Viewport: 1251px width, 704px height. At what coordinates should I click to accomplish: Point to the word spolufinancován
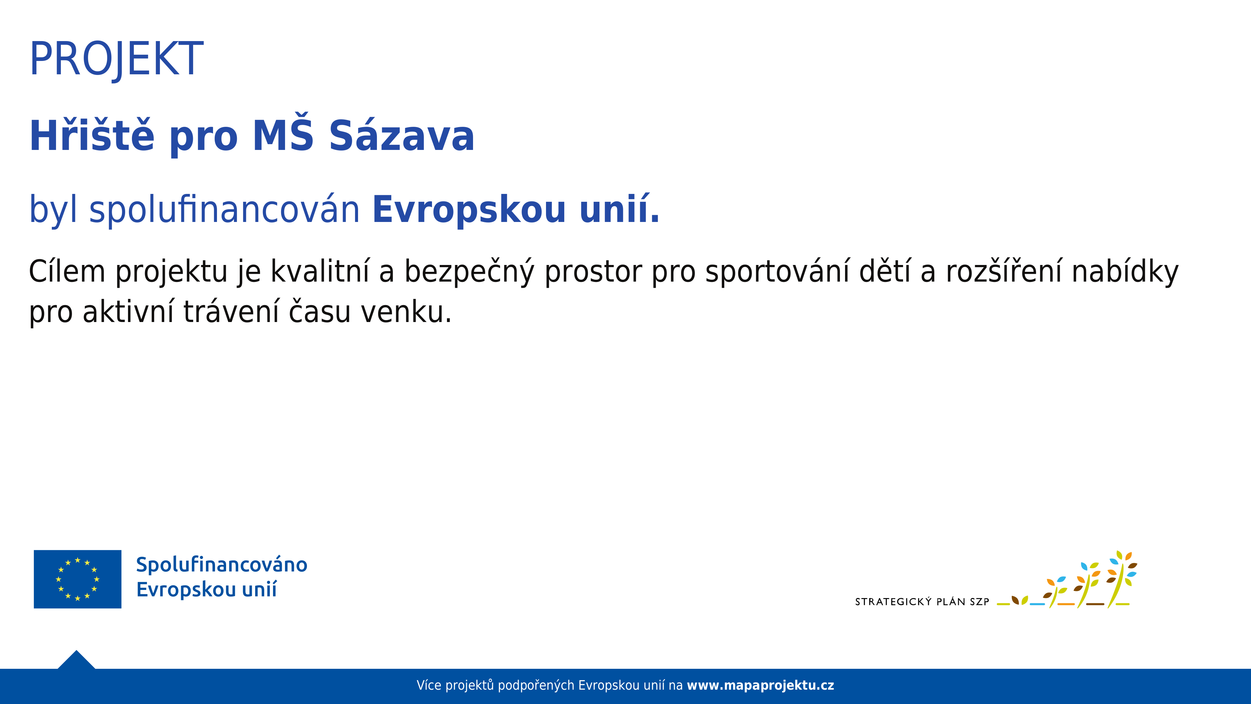coord(225,209)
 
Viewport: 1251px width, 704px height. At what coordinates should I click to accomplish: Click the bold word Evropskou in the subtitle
coord(469,210)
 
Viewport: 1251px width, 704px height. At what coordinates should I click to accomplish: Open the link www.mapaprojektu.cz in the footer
coord(760,685)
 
